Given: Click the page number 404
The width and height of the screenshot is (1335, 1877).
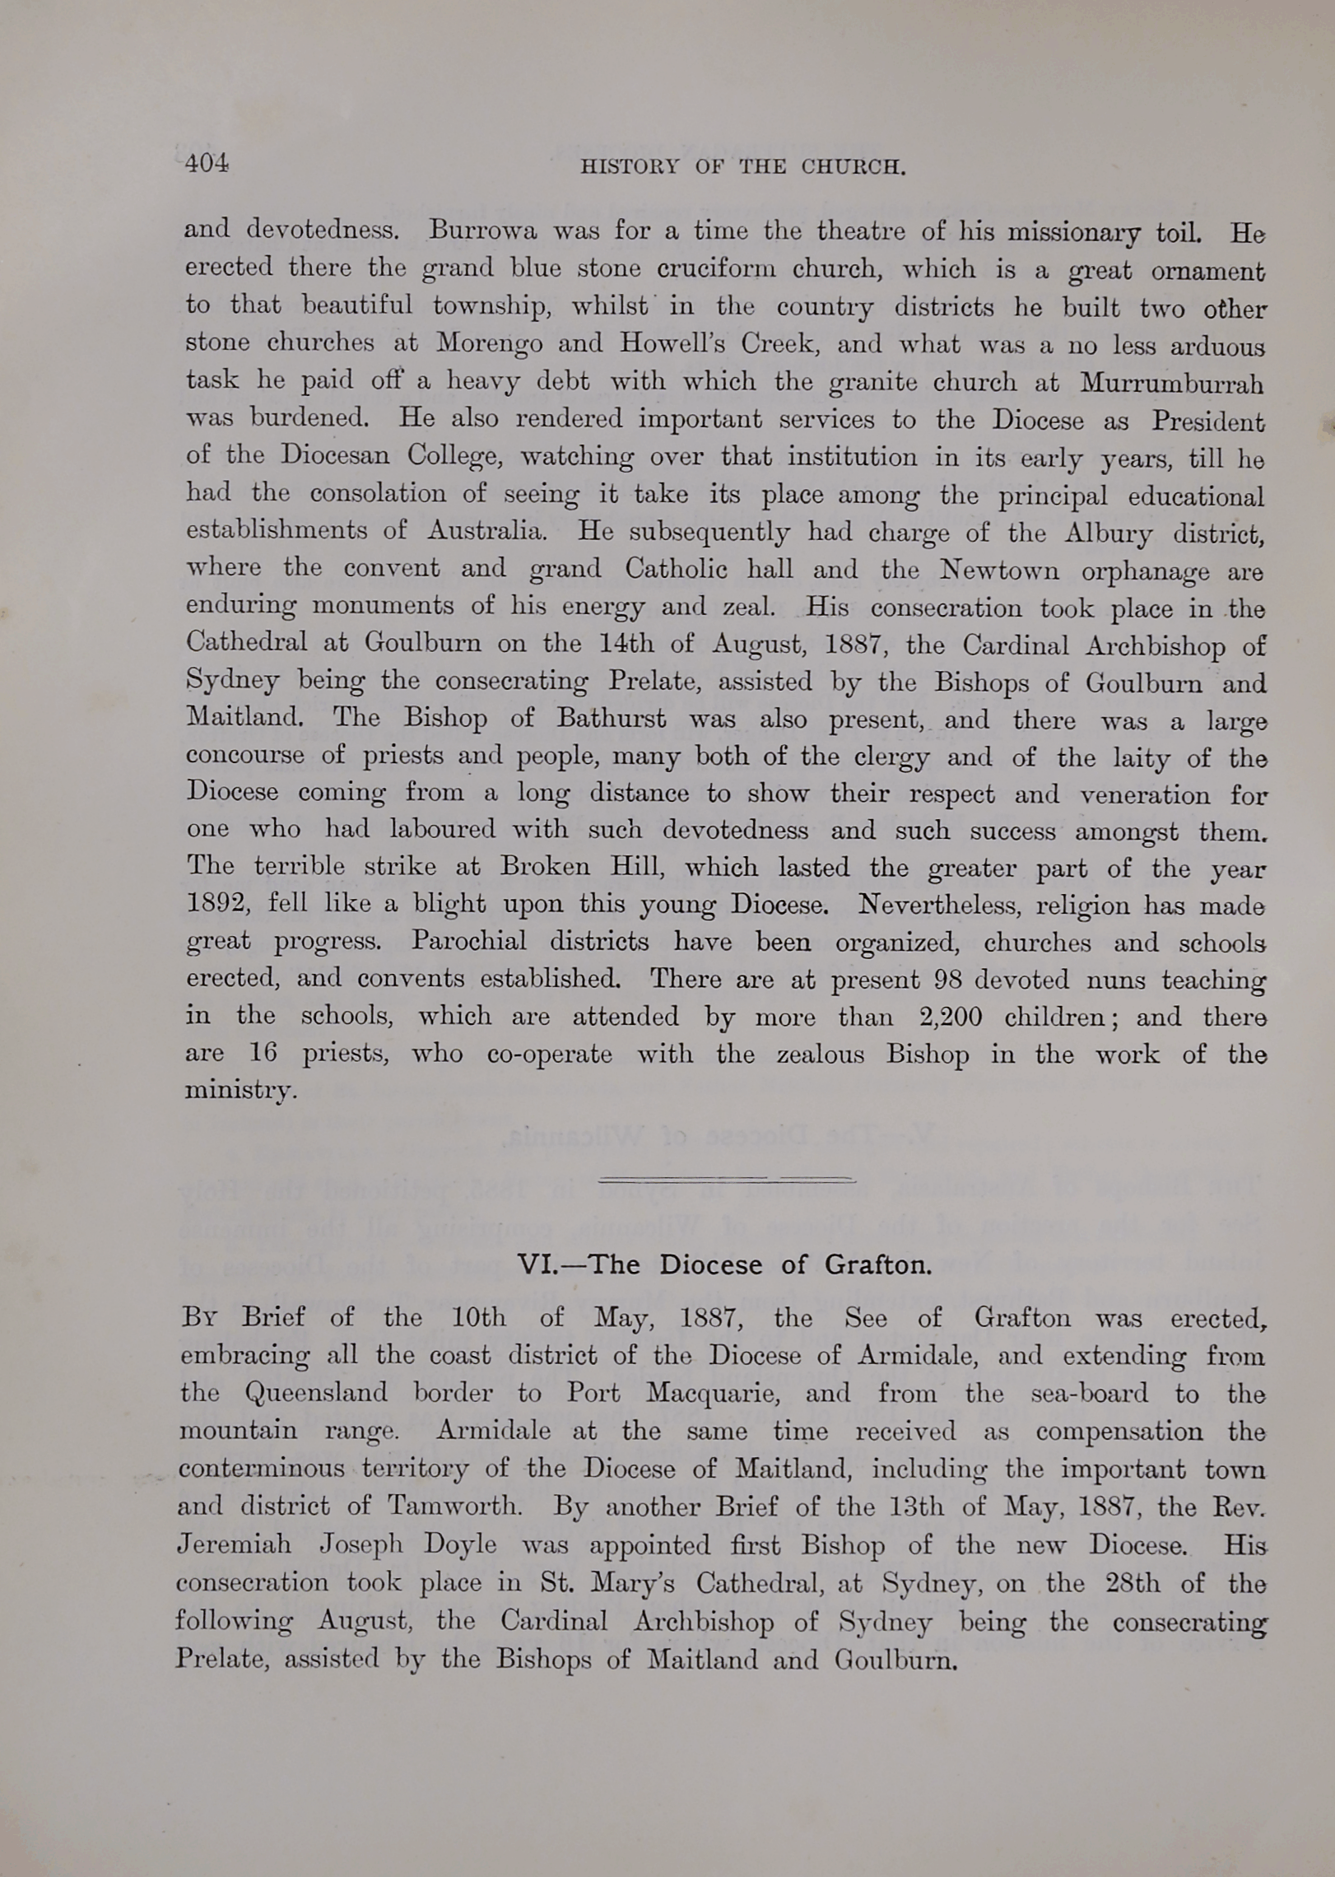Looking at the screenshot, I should [207, 163].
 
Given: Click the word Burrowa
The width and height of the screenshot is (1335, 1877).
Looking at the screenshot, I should [482, 230].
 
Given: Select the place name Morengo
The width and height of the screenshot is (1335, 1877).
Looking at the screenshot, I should [489, 342].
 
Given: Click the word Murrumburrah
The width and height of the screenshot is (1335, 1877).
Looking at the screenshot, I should [1171, 383].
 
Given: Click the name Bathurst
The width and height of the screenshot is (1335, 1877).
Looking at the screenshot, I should [611, 718].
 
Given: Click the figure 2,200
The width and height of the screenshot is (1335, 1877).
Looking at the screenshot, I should [951, 1017].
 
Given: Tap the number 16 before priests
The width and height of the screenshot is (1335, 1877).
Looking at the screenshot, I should [263, 1054].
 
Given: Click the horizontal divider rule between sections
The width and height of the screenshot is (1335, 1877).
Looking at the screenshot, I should [726, 1181].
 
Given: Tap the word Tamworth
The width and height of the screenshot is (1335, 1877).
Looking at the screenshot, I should [454, 1506].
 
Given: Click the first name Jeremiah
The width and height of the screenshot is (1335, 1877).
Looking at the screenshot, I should [235, 1544].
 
